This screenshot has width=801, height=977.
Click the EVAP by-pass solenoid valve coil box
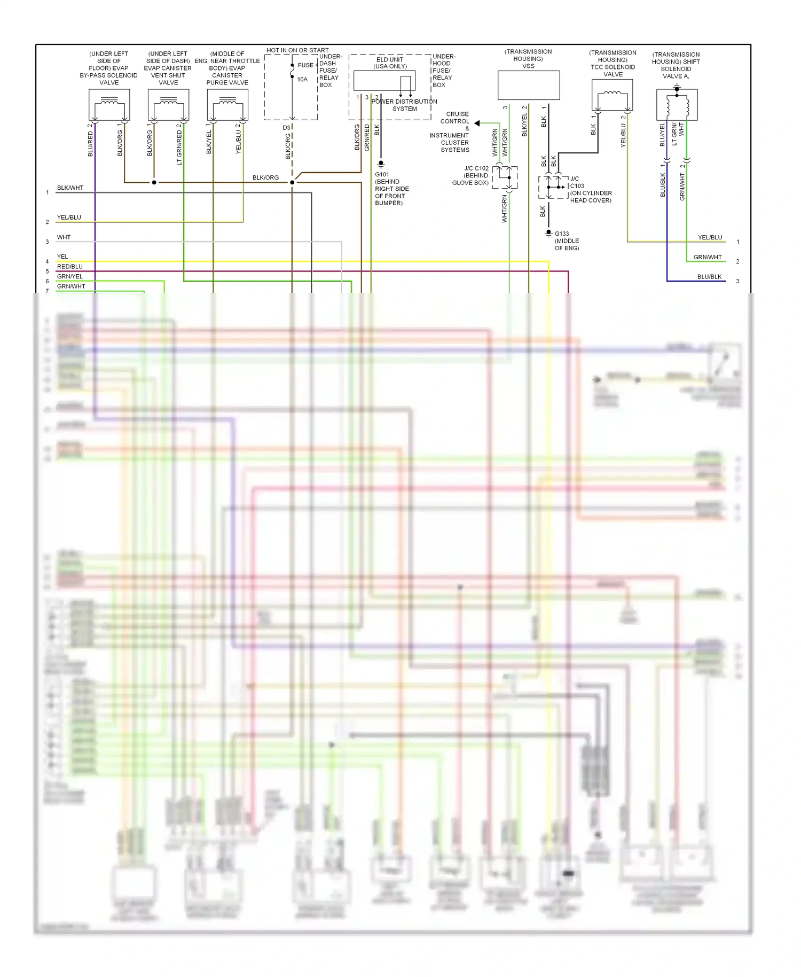(x=109, y=105)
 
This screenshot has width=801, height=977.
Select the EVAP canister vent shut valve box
(x=168, y=105)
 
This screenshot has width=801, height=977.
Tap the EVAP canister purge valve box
(x=227, y=105)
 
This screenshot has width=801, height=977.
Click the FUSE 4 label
(x=307, y=65)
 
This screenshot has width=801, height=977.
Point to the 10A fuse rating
(x=302, y=80)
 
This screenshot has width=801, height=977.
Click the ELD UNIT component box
(x=384, y=81)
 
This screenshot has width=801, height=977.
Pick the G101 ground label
(x=382, y=175)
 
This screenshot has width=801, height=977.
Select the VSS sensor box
(x=529, y=85)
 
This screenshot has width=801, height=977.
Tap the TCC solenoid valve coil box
(x=612, y=95)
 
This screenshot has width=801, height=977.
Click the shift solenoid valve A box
(x=677, y=105)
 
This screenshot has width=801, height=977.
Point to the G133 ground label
(x=562, y=234)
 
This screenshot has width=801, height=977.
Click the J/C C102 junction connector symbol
(x=505, y=177)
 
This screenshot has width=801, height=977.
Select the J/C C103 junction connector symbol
(x=553, y=187)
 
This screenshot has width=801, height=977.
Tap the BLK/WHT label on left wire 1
(x=70, y=188)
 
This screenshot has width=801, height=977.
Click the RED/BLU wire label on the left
(x=70, y=267)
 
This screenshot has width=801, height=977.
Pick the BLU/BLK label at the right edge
(x=709, y=277)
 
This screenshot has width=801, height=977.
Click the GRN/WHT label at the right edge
(x=707, y=257)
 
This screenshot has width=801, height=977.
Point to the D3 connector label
(x=286, y=128)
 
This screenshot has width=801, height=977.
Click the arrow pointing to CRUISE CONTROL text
(x=477, y=123)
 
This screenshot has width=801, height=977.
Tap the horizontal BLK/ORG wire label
(x=265, y=178)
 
